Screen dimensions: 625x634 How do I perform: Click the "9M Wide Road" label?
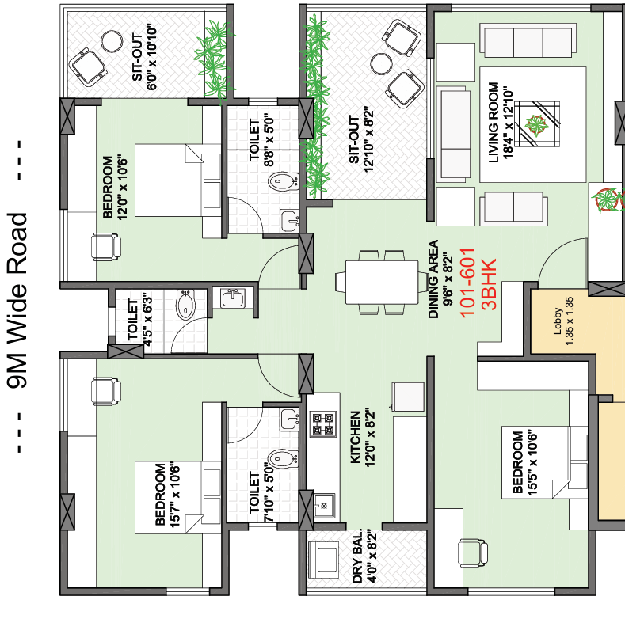(x=17, y=301)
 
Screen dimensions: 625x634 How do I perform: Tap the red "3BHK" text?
(x=489, y=284)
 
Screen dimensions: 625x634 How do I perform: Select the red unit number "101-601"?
(x=467, y=283)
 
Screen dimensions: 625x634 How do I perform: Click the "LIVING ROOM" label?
(x=494, y=123)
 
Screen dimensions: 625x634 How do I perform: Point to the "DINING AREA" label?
(x=433, y=279)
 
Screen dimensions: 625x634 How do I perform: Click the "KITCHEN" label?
(x=355, y=437)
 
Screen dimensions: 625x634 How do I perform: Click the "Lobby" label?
(x=558, y=321)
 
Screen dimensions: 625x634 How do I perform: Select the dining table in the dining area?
(x=382, y=283)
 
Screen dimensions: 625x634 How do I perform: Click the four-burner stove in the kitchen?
(x=323, y=424)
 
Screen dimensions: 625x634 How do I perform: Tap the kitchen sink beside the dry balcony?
(x=324, y=506)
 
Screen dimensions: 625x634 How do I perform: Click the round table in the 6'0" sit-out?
(x=112, y=42)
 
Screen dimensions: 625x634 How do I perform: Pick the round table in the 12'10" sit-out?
(x=381, y=64)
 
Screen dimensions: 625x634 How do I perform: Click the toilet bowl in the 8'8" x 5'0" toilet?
(x=283, y=180)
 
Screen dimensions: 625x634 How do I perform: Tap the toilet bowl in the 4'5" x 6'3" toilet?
(x=185, y=305)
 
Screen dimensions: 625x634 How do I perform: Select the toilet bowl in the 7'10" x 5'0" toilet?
(x=283, y=458)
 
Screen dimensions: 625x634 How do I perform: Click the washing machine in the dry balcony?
(x=324, y=560)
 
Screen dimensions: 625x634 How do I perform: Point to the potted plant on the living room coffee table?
(x=537, y=124)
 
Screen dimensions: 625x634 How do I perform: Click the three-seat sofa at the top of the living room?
(x=528, y=40)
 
